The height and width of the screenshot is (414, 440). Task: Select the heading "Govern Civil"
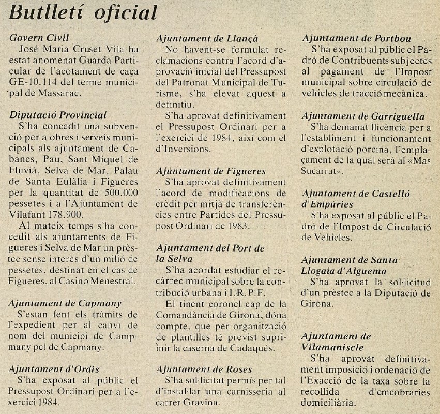point(39,38)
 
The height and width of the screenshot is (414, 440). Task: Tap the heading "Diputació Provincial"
point(58,115)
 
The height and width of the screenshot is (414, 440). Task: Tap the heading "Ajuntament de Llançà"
point(207,38)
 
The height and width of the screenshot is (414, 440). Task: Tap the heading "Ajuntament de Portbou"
point(357,38)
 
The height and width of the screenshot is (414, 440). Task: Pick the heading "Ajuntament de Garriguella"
point(363,116)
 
